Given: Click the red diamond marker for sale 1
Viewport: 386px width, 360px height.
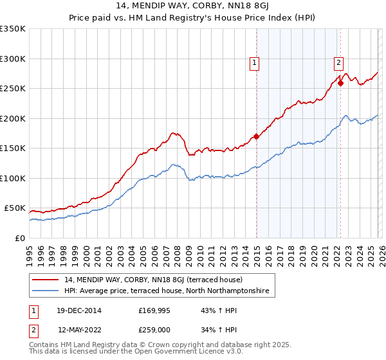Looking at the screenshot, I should click(x=256, y=136).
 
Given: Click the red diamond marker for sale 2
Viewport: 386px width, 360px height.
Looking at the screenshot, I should click(x=340, y=83).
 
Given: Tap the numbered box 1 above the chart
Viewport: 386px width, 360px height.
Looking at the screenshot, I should click(x=255, y=62).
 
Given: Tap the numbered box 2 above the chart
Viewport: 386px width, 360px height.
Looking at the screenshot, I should click(x=338, y=62).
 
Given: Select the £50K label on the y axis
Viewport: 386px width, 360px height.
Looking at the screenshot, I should click(x=15, y=208).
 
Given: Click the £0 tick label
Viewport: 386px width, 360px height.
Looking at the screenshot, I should click(x=19, y=239).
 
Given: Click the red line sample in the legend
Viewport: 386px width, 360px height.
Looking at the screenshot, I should click(x=46, y=280).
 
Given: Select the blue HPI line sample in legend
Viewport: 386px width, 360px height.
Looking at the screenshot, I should click(x=46, y=291).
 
